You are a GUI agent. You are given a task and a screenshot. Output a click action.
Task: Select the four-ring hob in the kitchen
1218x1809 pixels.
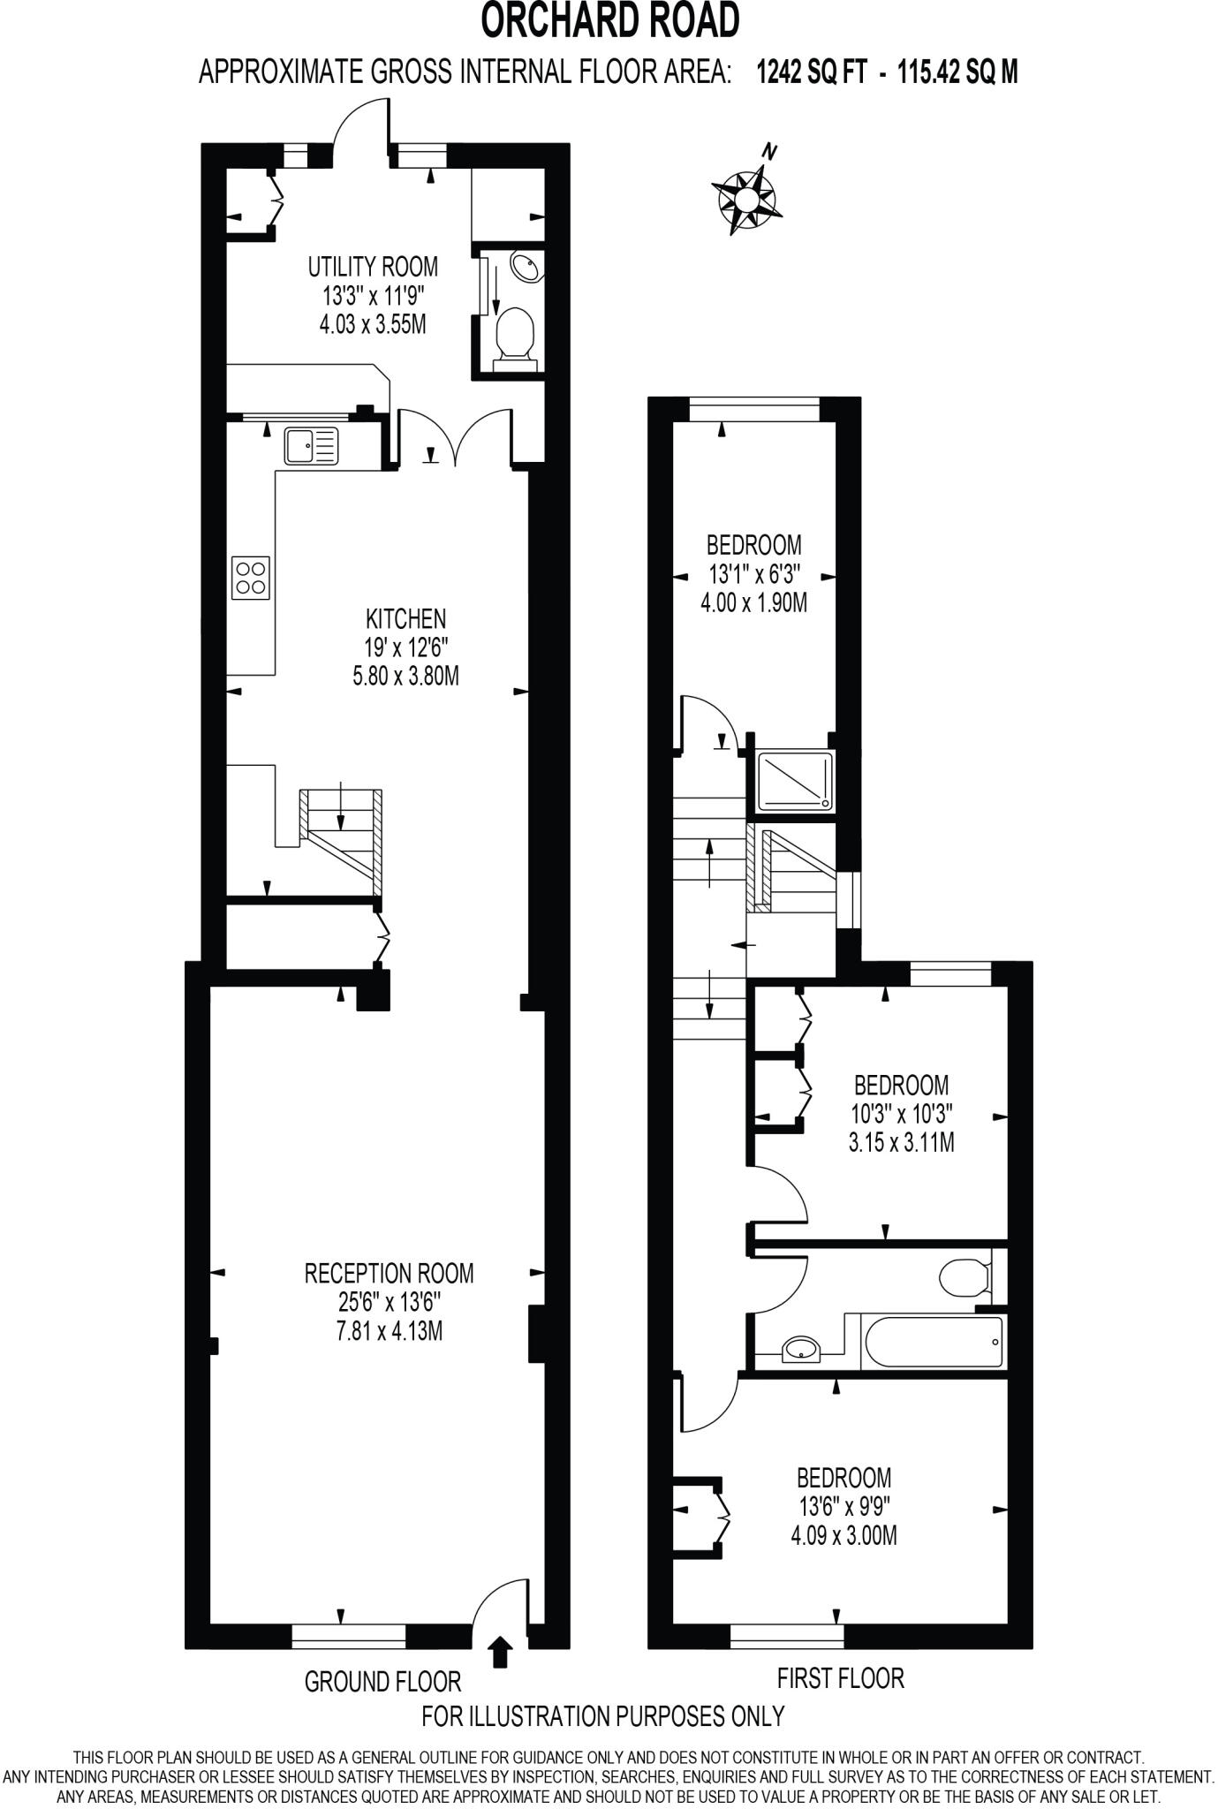coord(251,579)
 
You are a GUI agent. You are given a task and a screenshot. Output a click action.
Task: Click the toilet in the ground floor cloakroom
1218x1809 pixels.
coord(515,337)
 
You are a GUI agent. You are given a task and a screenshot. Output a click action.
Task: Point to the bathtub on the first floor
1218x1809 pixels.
coord(933,1343)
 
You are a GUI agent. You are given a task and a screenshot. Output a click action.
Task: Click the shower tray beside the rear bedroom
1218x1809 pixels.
coord(795,780)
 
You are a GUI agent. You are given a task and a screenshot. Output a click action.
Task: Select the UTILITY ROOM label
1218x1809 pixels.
coord(372,266)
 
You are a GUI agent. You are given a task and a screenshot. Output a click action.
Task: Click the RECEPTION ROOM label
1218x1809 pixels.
coord(389,1273)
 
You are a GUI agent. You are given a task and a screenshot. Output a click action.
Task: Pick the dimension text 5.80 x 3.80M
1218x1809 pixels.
coord(405,677)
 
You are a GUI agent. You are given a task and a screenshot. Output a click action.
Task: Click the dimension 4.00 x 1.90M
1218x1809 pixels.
coord(753,603)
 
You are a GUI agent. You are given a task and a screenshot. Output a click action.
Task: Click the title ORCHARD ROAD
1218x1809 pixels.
coord(609,21)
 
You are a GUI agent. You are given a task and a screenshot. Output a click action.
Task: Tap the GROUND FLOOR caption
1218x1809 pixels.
coord(382,1681)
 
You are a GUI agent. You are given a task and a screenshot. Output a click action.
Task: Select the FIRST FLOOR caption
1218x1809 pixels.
coord(840,1677)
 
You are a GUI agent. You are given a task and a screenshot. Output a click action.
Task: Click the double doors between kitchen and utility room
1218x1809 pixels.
coord(455,436)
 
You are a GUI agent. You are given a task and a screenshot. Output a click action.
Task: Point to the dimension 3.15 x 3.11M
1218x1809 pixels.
coord(901,1143)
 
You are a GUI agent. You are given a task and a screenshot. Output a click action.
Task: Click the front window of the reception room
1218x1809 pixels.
coord(349,1637)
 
